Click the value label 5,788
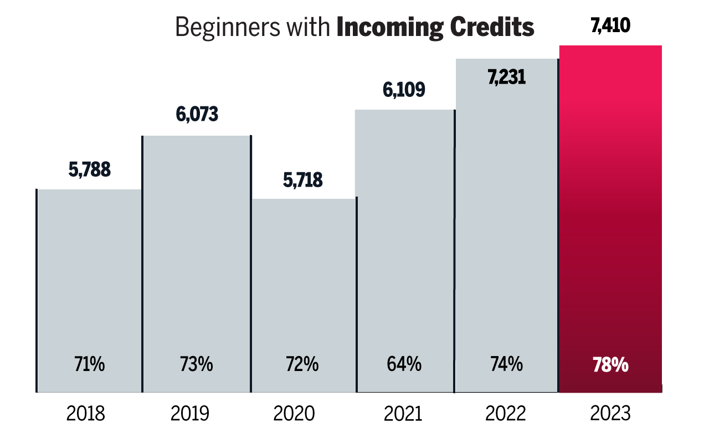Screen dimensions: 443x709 [90, 170]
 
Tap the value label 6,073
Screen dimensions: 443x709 [197, 115]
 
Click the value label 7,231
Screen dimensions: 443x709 [506, 78]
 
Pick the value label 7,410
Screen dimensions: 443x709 [610, 25]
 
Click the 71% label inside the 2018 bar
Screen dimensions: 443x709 [90, 365]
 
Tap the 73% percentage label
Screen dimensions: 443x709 [196, 365]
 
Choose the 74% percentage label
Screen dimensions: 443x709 [506, 365]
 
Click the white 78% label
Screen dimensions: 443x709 [610, 365]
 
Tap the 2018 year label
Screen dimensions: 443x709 [85, 414]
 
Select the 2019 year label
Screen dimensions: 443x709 [190, 414]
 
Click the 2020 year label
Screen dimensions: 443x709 [294, 414]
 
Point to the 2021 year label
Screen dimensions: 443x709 [401, 414]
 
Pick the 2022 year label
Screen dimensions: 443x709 [505, 414]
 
